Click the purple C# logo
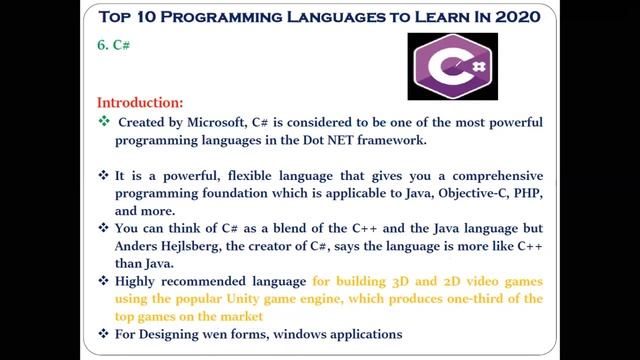(x=452, y=66)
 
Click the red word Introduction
(x=140, y=102)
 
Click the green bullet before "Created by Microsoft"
(x=104, y=121)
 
